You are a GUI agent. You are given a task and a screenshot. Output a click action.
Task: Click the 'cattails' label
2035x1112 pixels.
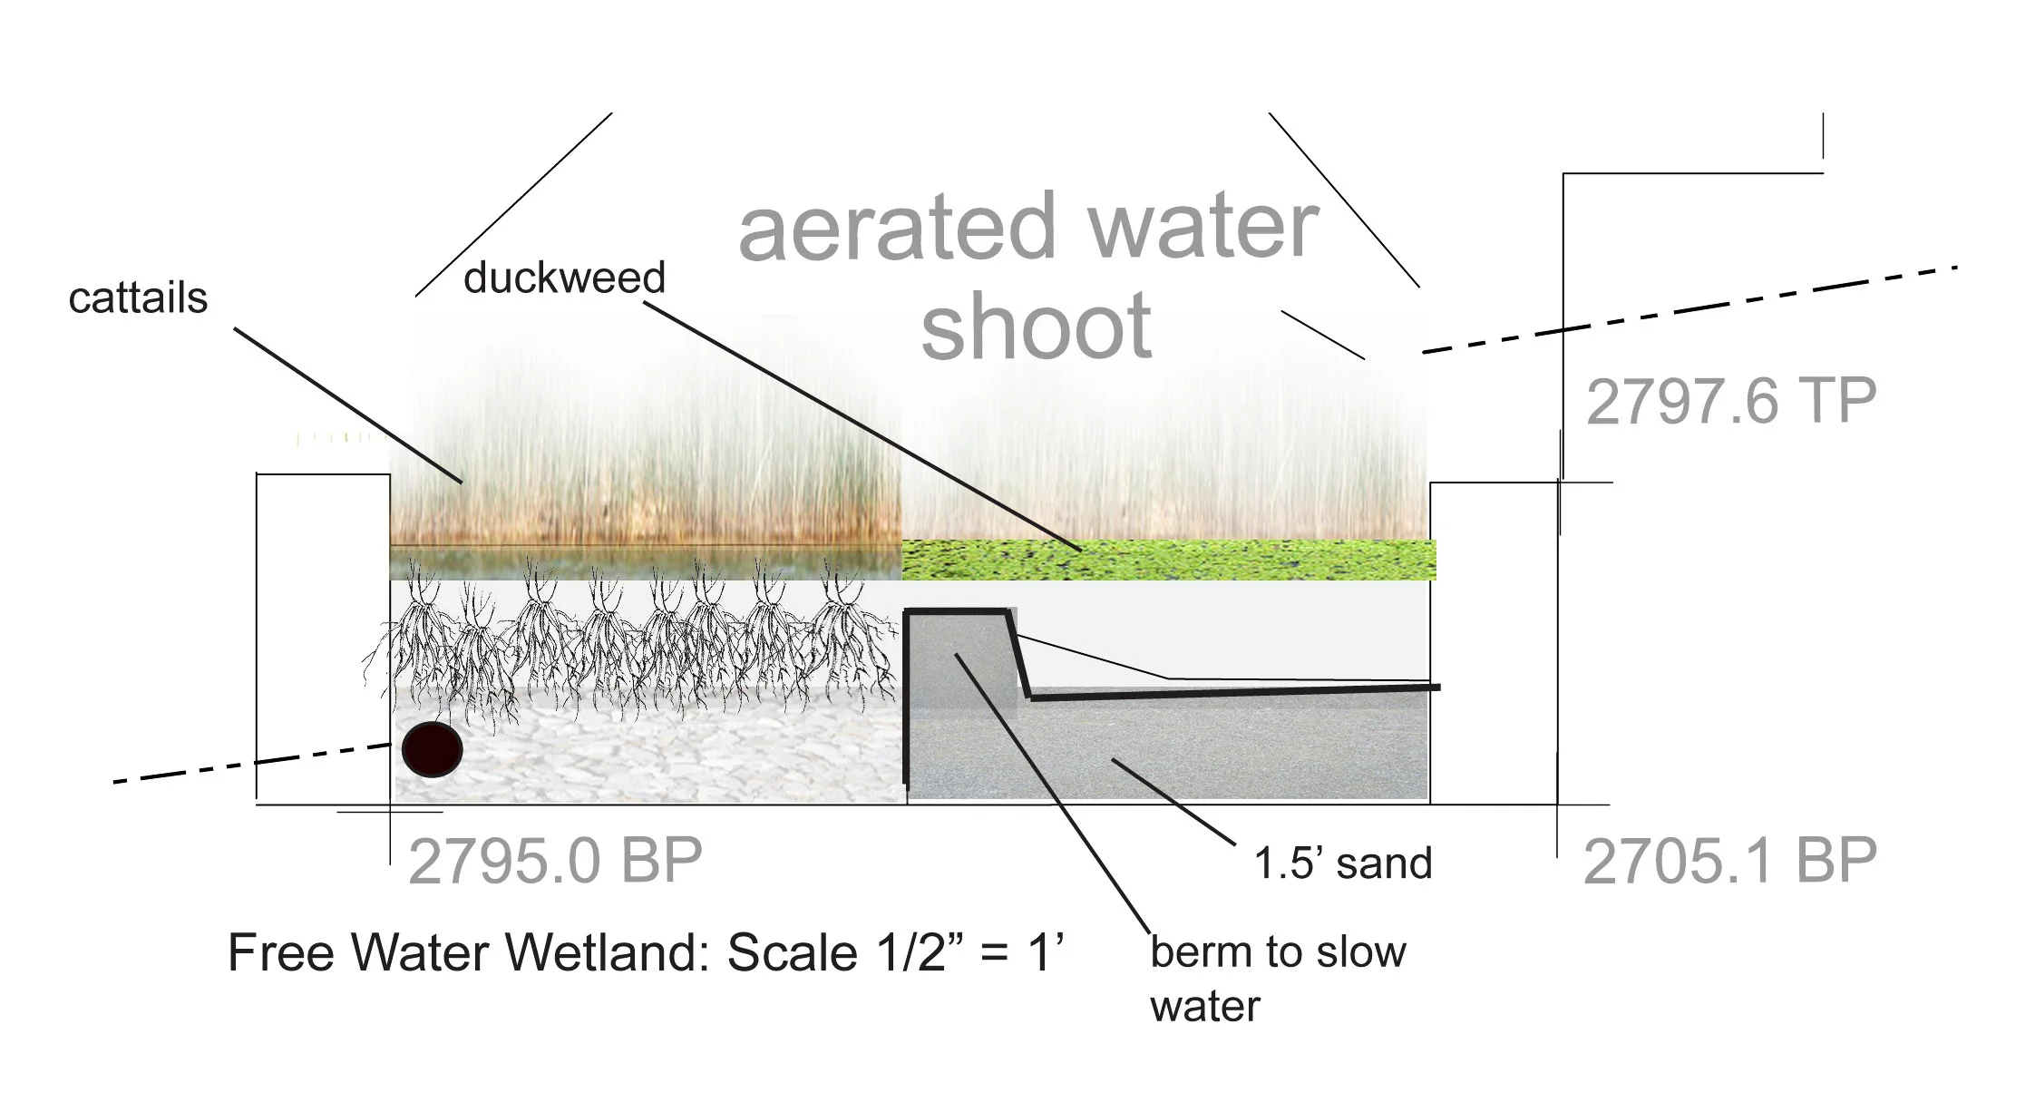pyautogui.click(x=138, y=298)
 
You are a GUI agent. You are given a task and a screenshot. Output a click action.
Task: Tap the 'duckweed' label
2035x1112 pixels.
pyautogui.click(x=564, y=277)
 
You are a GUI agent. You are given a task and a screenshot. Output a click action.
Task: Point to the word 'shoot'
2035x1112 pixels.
pyautogui.click(x=1036, y=327)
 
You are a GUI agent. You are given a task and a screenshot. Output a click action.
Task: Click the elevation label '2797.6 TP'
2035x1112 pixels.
pyautogui.click(x=1730, y=401)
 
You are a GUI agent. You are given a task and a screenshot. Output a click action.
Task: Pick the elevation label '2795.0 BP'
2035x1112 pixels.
pyautogui.click(x=555, y=861)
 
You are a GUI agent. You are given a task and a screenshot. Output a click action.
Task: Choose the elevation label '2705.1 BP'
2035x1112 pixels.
pyautogui.click(x=1729, y=861)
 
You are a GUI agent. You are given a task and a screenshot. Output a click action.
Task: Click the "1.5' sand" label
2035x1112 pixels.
pyautogui.click(x=1342, y=863)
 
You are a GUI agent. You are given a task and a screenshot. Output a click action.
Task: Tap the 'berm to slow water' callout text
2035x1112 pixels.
pyautogui.click(x=1277, y=978)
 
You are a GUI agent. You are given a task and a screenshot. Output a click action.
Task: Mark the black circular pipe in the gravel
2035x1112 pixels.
pyautogui.click(x=433, y=750)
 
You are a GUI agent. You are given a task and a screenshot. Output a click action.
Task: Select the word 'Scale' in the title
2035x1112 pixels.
pyautogui.click(x=792, y=953)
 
